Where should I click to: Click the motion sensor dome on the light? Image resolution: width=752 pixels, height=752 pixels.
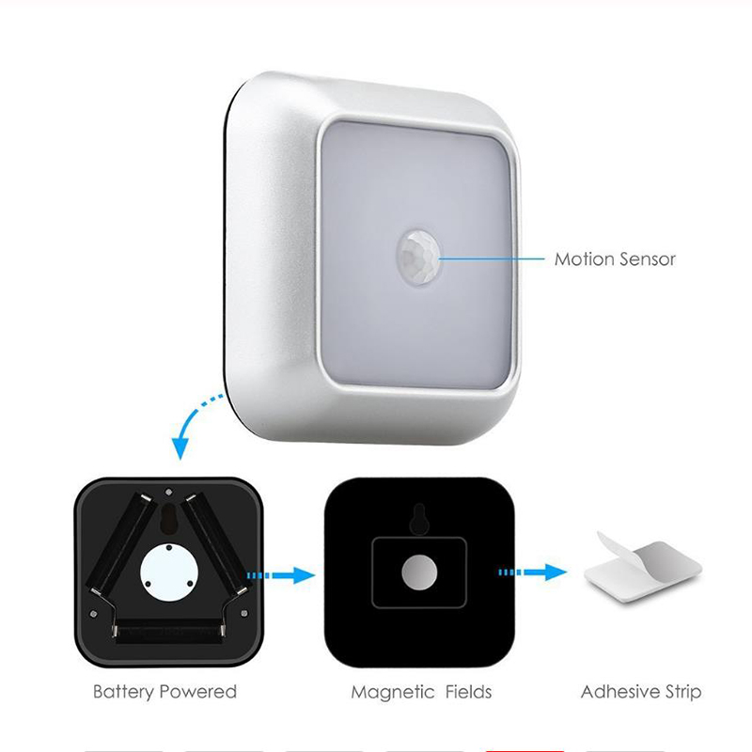point(418,258)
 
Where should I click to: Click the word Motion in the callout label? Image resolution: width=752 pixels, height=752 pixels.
point(583,259)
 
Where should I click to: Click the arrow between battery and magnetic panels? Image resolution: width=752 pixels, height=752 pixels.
point(281,575)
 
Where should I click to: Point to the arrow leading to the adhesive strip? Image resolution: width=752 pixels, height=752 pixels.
point(533,572)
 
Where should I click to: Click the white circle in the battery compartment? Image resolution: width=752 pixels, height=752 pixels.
point(169,572)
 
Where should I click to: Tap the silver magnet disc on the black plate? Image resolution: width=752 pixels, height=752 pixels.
point(419,572)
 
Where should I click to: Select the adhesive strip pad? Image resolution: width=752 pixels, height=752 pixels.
point(643,571)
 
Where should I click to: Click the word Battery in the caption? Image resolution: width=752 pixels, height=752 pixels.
point(123,692)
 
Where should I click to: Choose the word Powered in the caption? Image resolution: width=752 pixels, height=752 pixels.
point(198,692)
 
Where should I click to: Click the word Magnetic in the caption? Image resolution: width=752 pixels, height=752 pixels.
point(392,692)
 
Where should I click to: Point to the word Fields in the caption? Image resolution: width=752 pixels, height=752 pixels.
point(468,692)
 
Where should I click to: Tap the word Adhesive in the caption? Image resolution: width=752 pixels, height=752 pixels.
point(619,692)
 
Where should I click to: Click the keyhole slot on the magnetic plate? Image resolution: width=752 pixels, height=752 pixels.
point(419,519)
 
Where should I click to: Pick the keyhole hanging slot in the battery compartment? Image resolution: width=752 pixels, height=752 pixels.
point(168,518)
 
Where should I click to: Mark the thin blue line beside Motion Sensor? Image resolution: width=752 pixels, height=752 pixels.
point(492,259)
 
